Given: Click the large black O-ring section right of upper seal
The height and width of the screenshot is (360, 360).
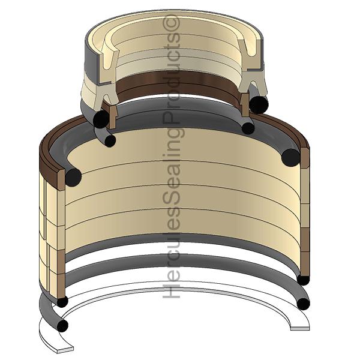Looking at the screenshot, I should (259, 104).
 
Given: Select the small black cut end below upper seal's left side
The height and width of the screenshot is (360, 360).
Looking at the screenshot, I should (109, 140).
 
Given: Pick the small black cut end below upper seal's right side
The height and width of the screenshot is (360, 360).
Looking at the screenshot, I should (248, 128).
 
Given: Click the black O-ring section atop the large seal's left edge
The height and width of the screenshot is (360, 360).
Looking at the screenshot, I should (73, 177).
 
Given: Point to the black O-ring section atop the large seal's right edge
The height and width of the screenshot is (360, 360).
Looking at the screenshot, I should (290, 157).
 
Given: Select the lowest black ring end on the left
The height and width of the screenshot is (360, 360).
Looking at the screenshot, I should (62, 326).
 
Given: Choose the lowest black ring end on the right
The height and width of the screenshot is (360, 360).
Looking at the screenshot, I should (304, 304).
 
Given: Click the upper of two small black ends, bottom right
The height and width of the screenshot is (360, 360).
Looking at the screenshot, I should (303, 280).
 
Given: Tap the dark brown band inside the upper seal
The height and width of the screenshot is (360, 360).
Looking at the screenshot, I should (180, 85).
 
